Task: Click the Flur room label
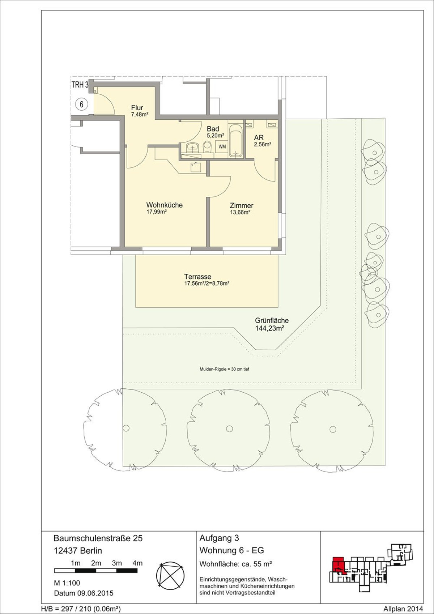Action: (137, 108)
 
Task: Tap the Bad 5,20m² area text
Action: (216, 135)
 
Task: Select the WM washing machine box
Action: (222, 147)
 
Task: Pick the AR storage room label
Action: (259, 137)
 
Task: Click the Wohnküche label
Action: (165, 205)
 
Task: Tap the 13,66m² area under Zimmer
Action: (240, 212)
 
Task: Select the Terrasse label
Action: (198, 277)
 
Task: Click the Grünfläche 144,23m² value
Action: (269, 328)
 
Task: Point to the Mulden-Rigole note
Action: (224, 369)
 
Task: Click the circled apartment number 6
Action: (81, 104)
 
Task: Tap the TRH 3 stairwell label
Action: (80, 85)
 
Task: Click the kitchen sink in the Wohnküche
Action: (196, 167)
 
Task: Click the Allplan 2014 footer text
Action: (403, 609)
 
